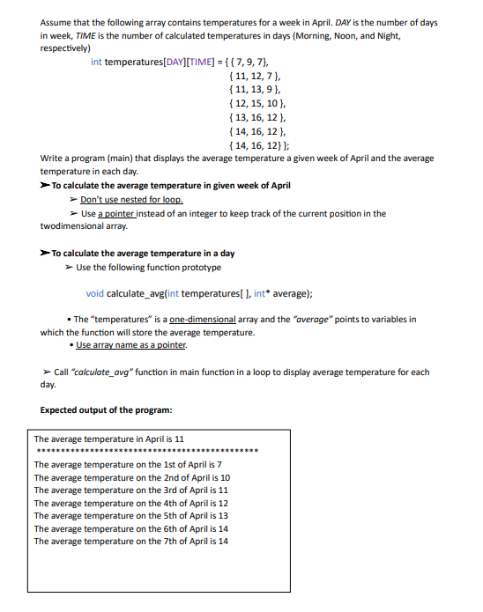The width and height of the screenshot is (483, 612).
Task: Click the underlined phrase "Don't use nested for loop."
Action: click(x=131, y=200)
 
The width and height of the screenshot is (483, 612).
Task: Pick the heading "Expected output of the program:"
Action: click(x=107, y=409)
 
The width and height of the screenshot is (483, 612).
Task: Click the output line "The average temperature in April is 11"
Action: click(x=108, y=438)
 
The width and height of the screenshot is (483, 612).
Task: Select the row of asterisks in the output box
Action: click(x=145, y=450)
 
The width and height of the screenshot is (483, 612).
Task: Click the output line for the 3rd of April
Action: click(x=130, y=490)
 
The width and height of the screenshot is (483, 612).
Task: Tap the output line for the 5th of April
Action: click(x=130, y=515)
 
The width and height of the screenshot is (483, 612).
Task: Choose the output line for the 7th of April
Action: click(x=130, y=541)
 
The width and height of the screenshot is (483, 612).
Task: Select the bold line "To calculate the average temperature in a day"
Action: click(x=143, y=254)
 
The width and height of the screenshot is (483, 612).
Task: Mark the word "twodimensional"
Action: click(x=71, y=225)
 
